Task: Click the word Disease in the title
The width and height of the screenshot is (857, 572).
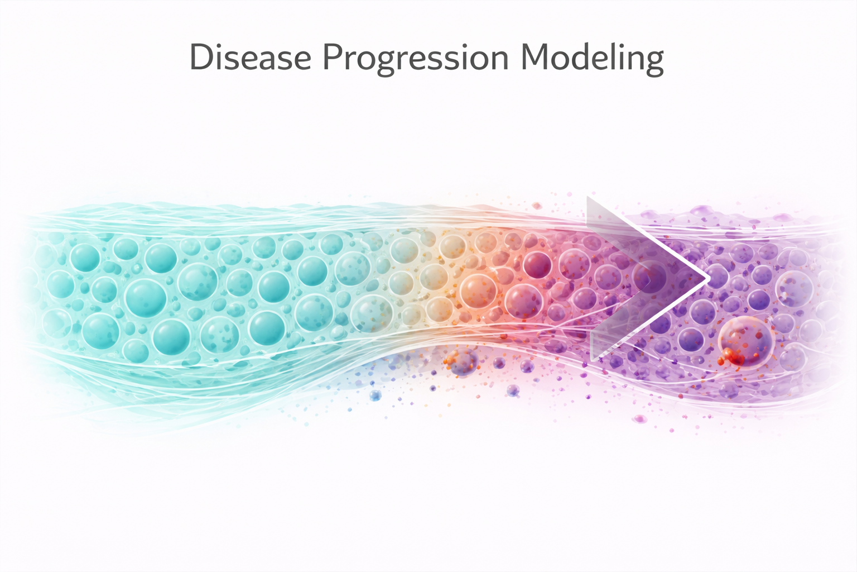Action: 250,58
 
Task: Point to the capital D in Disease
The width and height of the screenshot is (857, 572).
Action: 200,57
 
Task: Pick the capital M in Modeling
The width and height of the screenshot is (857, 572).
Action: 535,57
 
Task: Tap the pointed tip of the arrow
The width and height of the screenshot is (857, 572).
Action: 707,277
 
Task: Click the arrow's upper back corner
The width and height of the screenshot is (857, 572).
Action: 589,199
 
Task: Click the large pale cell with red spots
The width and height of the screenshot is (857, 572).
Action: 746,342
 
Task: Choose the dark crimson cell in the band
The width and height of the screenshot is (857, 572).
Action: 537,264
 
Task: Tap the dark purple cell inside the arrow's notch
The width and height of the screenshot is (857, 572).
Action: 651,275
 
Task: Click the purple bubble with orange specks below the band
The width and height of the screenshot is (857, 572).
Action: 463,363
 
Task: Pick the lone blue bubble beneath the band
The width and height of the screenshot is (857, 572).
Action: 375,395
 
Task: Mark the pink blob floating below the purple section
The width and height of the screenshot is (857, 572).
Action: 639,418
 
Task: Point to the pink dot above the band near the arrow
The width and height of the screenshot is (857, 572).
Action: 537,206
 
